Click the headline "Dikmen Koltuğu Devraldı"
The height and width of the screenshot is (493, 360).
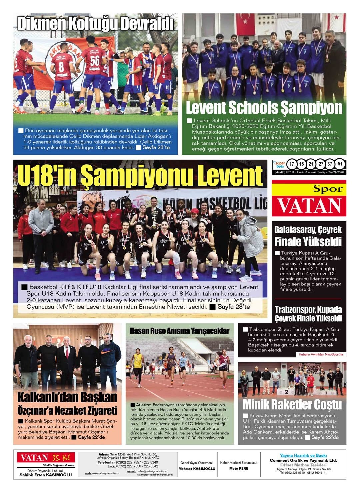95,24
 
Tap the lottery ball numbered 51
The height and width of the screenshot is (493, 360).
340,164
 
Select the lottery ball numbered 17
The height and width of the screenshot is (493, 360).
292,164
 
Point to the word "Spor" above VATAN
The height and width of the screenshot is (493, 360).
328,189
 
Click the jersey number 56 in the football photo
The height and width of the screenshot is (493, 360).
95,61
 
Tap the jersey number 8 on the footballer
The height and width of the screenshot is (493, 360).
61,67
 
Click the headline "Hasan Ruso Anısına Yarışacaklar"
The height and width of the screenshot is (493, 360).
180,331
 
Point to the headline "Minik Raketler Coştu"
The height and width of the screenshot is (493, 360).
292,404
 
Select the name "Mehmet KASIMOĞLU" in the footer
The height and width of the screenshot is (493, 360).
197,468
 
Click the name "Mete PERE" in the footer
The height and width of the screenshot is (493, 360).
239,468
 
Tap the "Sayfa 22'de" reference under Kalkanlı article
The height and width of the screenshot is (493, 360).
91,437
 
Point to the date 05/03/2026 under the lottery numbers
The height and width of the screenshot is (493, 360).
335,172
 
